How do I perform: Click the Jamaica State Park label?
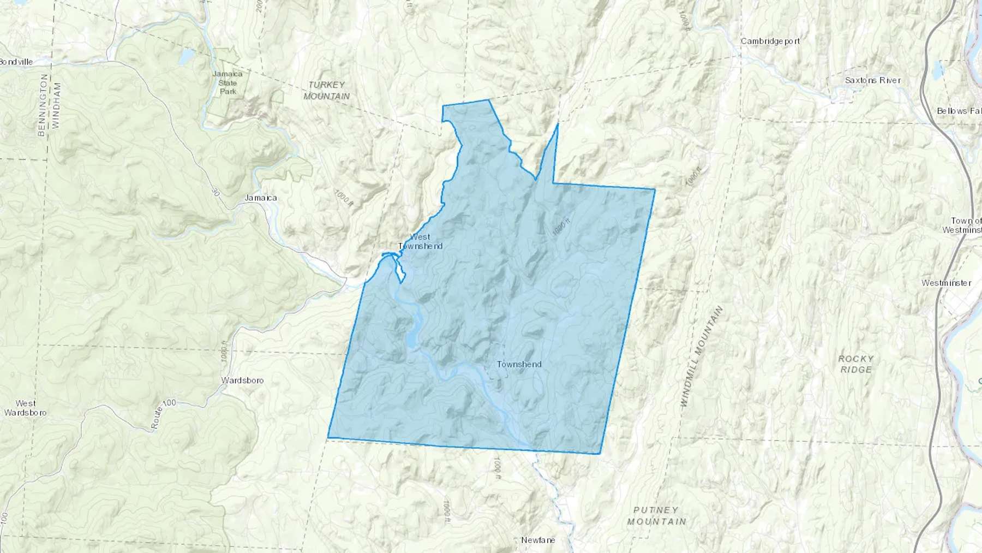[228, 82]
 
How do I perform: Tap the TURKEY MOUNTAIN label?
[326, 90]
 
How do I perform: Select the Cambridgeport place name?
[770, 41]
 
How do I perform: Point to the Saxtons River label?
[872, 80]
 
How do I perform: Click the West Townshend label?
[420, 241]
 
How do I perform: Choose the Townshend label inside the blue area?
[519, 364]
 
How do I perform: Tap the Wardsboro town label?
[242, 380]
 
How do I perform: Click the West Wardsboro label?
[25, 408]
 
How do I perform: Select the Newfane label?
[538, 540]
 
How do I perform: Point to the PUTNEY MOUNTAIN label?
[656, 515]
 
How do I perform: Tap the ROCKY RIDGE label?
[855, 364]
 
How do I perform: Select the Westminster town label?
[946, 283]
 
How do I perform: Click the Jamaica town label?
[261, 198]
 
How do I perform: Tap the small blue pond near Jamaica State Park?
[186, 56]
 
